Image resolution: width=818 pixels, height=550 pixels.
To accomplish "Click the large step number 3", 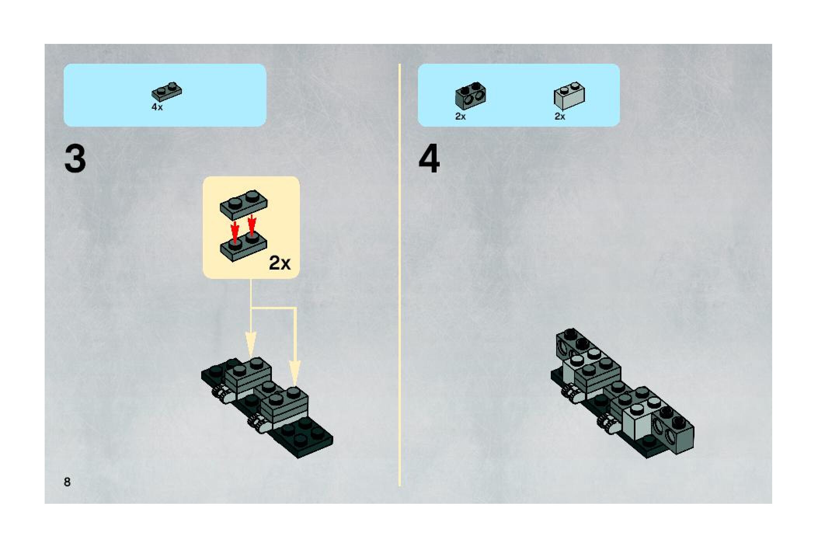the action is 75,159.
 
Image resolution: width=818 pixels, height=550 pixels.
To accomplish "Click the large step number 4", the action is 429,159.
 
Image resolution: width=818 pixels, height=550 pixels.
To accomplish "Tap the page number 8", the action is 67,482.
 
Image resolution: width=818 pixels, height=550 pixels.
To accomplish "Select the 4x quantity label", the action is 157,107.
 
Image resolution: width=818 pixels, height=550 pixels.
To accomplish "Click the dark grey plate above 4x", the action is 167,92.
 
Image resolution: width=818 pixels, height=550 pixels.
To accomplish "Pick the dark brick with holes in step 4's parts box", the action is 470,96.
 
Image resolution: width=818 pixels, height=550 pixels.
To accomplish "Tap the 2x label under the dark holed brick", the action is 460,116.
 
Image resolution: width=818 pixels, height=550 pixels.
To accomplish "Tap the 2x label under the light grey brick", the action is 560,116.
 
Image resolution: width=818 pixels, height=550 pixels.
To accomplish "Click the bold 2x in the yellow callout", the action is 280,264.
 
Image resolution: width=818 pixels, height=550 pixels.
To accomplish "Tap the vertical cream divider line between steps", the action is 399,272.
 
